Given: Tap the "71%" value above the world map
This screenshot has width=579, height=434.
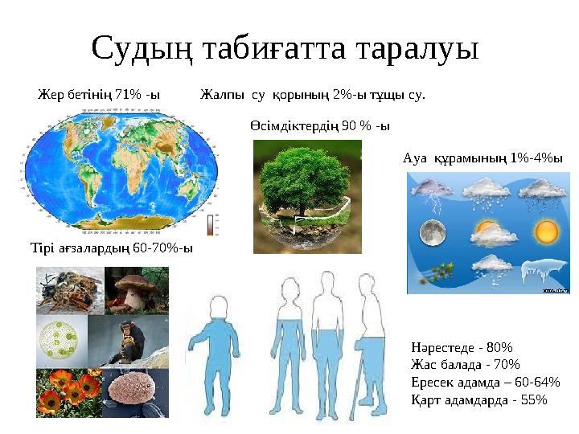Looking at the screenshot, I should [126, 95].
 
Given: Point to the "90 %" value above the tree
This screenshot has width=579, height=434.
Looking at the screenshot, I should [355, 126].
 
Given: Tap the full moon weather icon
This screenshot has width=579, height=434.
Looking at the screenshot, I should [434, 232].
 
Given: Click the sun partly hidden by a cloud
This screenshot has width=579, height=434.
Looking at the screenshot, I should [490, 232].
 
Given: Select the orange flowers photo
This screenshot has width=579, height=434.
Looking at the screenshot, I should [63, 391].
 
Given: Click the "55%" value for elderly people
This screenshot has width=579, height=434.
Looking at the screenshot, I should [531, 399].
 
